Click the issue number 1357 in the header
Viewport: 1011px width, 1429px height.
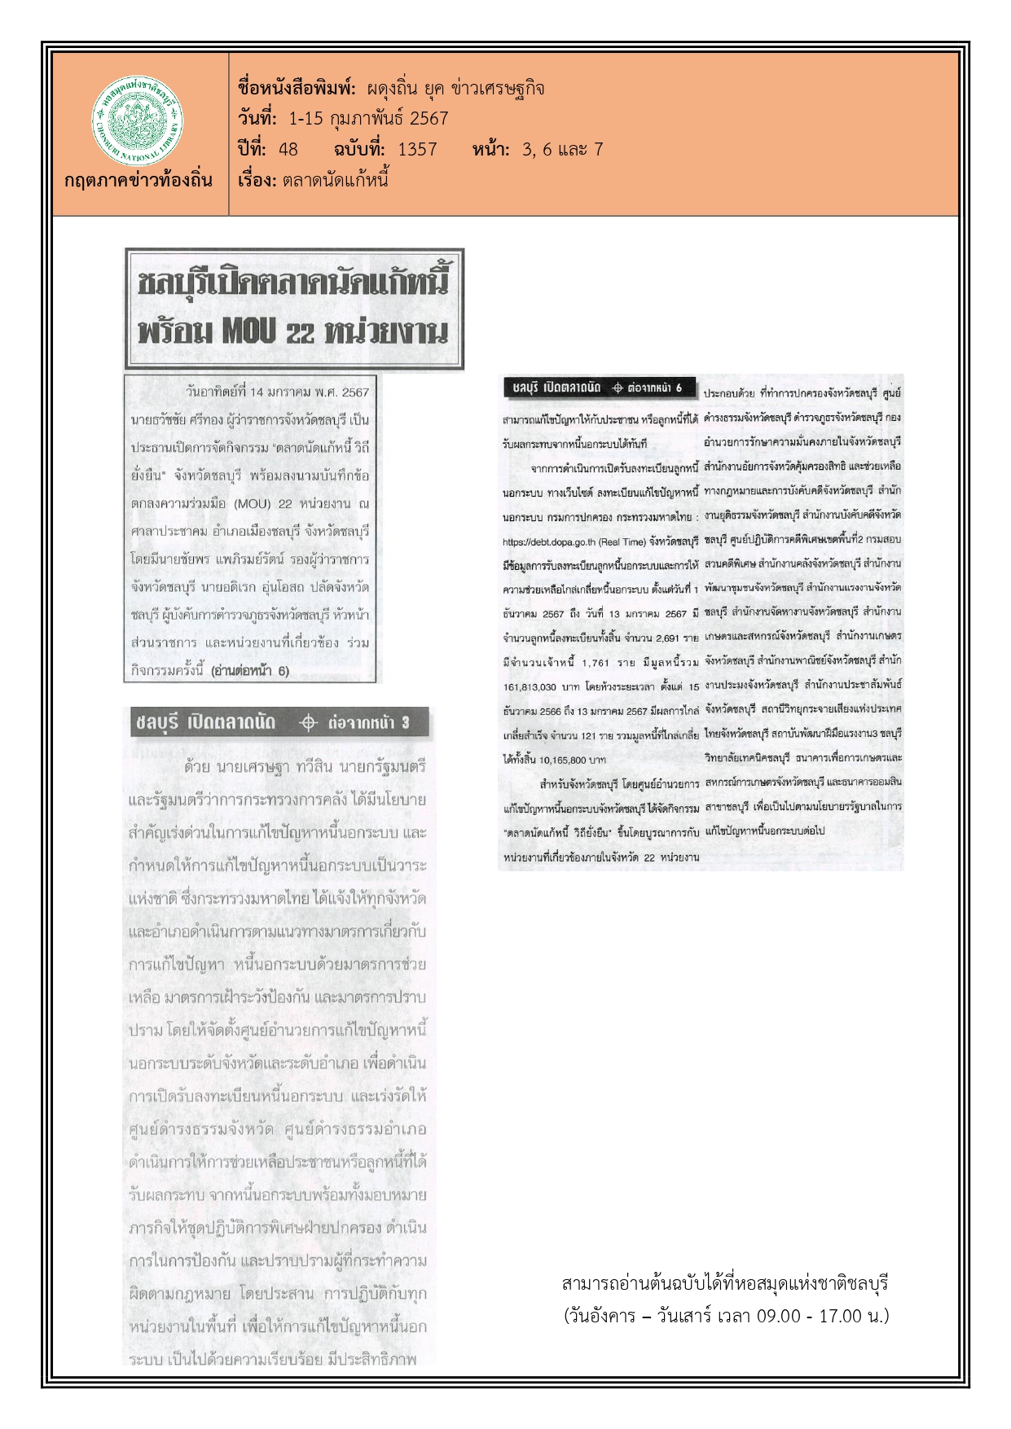coord(417,149)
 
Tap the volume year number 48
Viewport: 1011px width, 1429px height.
coord(288,149)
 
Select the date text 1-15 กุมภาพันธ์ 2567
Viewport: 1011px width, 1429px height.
coord(368,119)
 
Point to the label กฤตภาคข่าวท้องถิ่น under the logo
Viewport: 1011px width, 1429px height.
coord(138,180)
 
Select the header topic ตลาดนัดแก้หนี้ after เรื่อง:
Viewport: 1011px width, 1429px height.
coord(335,180)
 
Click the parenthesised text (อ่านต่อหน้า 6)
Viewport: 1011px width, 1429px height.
coord(249,672)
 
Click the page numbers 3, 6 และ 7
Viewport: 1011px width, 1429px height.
coord(562,149)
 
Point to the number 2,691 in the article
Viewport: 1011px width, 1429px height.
coord(664,638)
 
